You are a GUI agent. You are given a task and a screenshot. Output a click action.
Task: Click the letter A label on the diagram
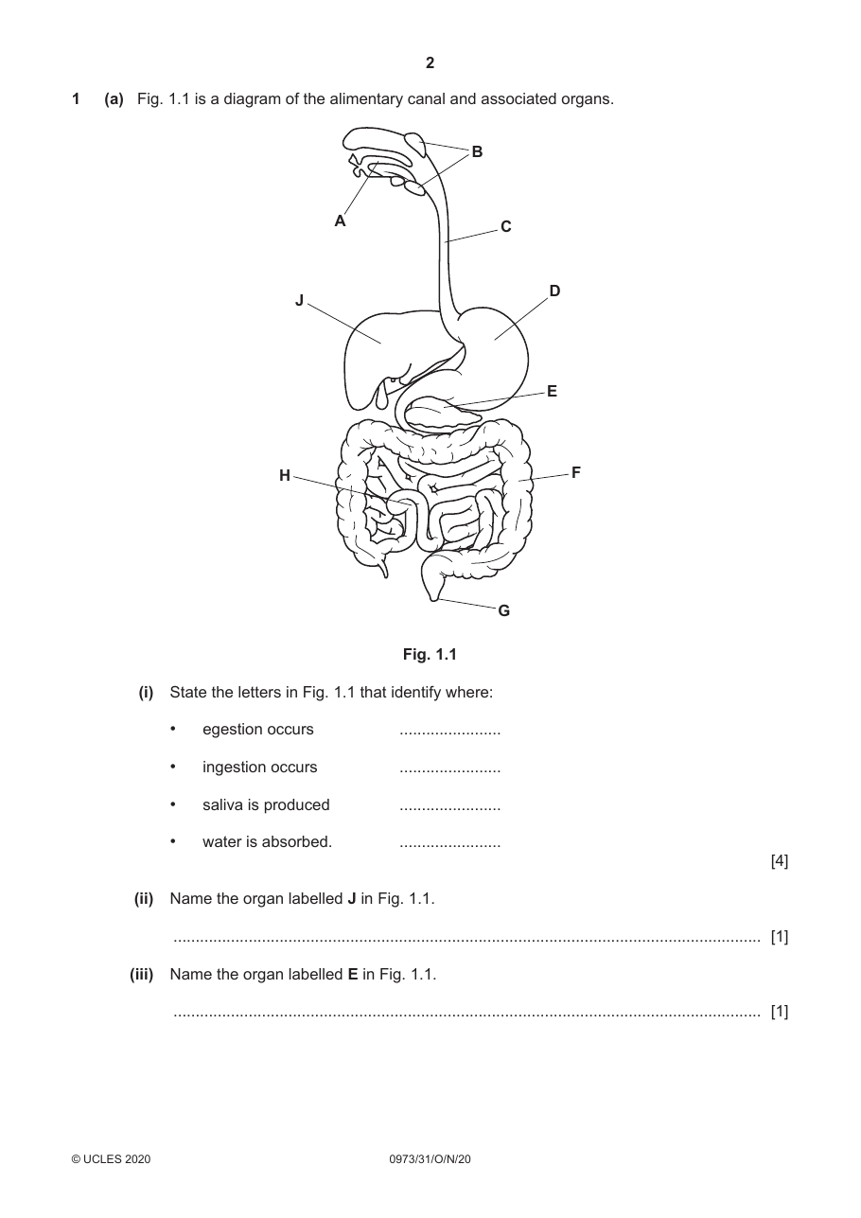[x=340, y=221]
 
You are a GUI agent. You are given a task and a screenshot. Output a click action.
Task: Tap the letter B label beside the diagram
[x=477, y=151]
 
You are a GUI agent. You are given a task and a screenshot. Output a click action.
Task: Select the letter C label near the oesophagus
[x=505, y=227]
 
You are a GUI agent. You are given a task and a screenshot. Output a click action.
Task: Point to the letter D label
[x=554, y=291]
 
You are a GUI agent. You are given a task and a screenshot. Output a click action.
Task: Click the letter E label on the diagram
[x=552, y=392]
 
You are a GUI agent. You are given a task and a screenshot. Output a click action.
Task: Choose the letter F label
[x=576, y=472]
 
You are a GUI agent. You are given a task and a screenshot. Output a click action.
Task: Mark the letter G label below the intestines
[x=504, y=610]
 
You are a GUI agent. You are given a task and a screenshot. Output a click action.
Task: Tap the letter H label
[x=285, y=476]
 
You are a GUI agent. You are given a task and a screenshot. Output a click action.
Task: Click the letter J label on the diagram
[x=300, y=300]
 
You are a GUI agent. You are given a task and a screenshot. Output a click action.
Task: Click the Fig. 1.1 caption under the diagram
[x=430, y=654]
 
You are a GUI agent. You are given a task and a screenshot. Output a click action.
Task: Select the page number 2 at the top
[x=430, y=63]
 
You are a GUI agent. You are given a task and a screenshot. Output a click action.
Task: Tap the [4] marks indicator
[x=780, y=861]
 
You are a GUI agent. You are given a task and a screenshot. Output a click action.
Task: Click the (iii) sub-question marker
[x=141, y=975]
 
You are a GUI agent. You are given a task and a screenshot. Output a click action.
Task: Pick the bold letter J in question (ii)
[x=352, y=899]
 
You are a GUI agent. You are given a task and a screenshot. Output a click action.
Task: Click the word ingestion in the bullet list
[x=260, y=768]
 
